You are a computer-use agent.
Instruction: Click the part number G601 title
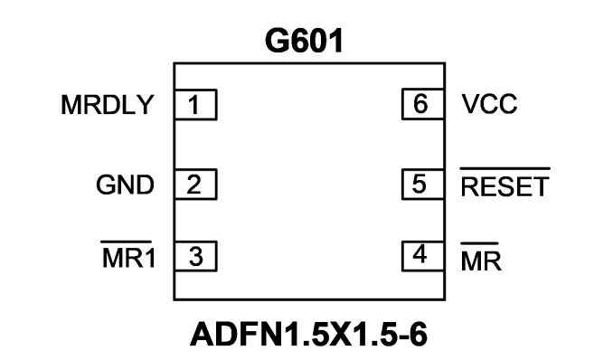tap(304, 41)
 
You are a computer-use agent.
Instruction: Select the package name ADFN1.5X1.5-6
tap(308, 335)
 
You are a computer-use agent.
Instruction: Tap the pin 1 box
tap(195, 105)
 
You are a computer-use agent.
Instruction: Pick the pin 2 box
tap(195, 185)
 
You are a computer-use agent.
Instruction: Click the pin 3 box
tap(195, 256)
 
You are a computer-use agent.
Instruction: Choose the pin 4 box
tap(423, 256)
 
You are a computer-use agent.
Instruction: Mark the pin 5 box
tap(423, 185)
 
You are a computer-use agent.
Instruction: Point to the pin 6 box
tap(423, 104)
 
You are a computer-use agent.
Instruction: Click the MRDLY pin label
tap(107, 105)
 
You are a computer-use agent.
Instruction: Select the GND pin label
tap(125, 185)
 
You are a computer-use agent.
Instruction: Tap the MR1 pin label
tap(129, 258)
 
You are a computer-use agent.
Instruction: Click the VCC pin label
tap(489, 104)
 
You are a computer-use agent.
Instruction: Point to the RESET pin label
tap(505, 186)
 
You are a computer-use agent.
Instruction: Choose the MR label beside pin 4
tap(481, 261)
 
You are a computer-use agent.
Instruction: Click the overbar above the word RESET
tap(505, 168)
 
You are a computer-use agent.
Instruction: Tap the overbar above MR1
tap(127, 242)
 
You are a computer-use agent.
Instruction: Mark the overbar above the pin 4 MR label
tap(480, 244)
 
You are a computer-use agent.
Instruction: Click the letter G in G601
tap(277, 41)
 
